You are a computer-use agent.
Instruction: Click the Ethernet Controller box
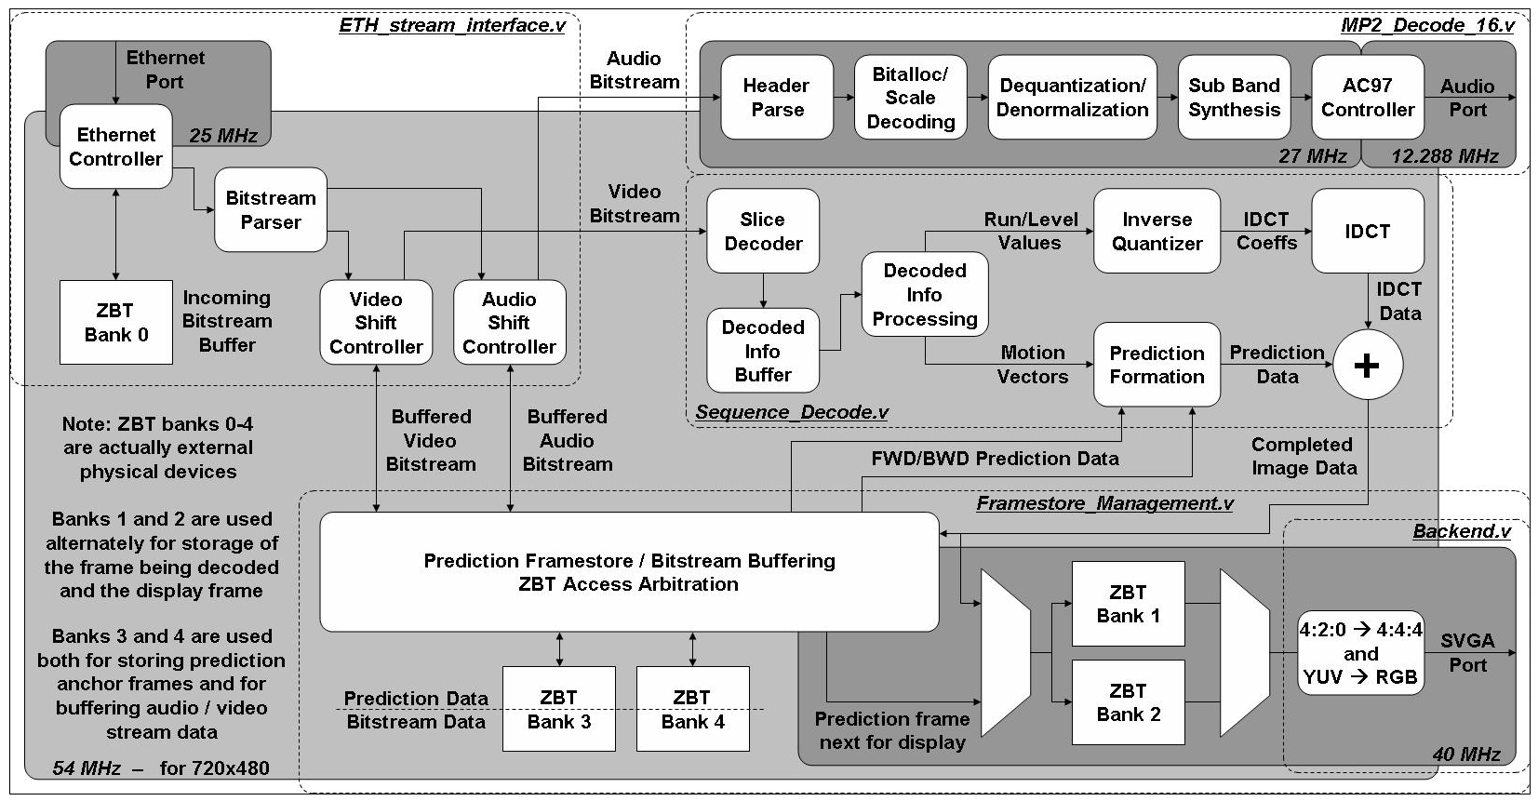(115, 147)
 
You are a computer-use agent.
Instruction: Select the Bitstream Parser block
(270, 209)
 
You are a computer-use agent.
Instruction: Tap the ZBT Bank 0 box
(115, 322)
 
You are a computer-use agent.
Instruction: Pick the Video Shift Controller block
(376, 323)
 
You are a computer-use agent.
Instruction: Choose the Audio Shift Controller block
(509, 323)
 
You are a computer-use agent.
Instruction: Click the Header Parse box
(777, 98)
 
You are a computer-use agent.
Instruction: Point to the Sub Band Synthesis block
(1234, 98)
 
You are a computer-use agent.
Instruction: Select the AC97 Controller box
(1367, 98)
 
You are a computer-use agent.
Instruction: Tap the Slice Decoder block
(763, 231)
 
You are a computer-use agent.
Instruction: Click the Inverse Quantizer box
(1157, 231)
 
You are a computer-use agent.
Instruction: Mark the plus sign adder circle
(1367, 365)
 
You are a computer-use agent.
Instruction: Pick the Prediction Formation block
(1157, 365)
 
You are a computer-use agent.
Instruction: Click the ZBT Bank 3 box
(558, 709)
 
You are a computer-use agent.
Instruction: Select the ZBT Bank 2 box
(1128, 702)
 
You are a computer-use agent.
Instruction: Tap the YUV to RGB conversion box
(1360, 653)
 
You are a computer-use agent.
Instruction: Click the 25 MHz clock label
(223, 135)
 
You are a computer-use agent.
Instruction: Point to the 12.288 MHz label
(1445, 155)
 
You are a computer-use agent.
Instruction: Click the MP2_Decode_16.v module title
(1427, 25)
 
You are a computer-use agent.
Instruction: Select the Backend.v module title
(1461, 531)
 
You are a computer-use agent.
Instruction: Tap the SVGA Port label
(1467, 652)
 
